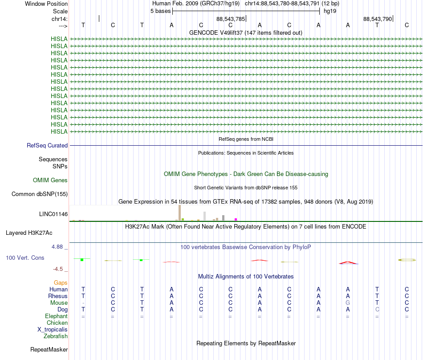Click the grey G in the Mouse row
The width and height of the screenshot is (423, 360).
tap(348, 303)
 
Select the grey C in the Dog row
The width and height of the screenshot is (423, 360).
tap(377, 309)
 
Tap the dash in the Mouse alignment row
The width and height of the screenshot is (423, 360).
tap(83, 303)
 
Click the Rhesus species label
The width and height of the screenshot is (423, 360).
tap(58, 296)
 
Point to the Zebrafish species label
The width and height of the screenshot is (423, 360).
tap(56, 336)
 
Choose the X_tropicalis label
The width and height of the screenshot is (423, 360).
tap(53, 330)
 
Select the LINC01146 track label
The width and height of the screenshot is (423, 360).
tap(53, 214)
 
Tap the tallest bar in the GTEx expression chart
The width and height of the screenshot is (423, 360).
tap(179, 213)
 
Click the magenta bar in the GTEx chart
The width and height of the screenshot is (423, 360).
tap(236, 219)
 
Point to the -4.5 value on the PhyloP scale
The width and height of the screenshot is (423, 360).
tap(58, 269)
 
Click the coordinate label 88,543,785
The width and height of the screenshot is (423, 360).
tap(231, 19)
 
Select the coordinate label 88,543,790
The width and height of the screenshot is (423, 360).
tap(378, 19)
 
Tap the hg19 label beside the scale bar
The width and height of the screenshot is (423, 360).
tap(330, 11)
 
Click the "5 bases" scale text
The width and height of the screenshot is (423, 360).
tap(161, 11)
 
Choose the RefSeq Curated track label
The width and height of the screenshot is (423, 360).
tap(47, 146)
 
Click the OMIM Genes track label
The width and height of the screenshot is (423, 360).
tap(50, 180)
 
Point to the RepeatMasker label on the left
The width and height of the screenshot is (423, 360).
tap(49, 349)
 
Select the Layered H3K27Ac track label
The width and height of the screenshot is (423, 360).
tap(29, 233)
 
